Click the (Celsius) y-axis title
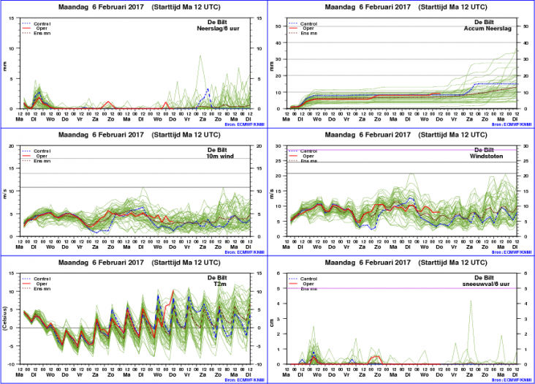coord(7,318)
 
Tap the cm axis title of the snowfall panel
coord(273,319)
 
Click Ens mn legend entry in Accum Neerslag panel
coord(309,33)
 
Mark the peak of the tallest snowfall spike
coord(471,301)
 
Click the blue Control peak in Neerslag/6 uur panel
coord(208,89)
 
